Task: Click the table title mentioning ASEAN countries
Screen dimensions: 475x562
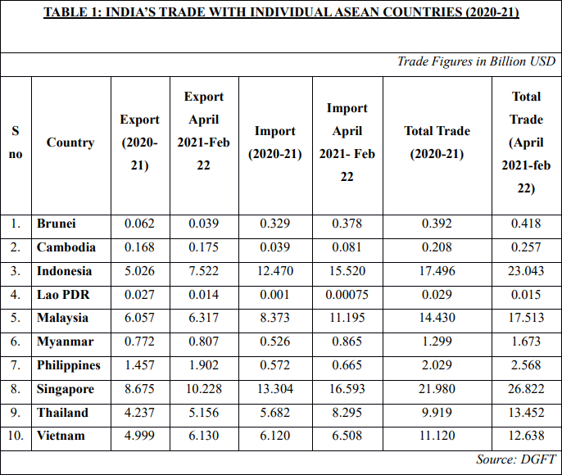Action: (281, 12)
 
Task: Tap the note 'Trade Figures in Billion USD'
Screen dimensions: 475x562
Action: (476, 62)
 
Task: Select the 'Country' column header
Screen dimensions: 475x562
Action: (70, 142)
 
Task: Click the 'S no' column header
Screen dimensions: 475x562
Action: (16, 142)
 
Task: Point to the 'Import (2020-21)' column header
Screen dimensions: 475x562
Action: (274, 142)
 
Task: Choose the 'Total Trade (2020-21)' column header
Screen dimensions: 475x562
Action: (437, 142)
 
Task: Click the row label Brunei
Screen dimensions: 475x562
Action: (57, 224)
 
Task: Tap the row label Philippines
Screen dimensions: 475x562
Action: (69, 365)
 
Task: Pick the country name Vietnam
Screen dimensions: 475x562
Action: (61, 436)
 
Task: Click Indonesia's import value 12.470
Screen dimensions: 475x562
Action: (274, 271)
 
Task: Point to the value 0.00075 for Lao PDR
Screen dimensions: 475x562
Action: (347, 295)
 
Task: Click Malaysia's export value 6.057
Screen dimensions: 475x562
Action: (139, 319)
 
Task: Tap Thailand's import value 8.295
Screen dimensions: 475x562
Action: (347, 413)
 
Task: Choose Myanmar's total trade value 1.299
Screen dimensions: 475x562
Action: (437, 342)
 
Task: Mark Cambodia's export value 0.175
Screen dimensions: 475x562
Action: (204, 247)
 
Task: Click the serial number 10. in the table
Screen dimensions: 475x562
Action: (16, 436)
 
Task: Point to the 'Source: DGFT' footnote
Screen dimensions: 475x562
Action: (515, 459)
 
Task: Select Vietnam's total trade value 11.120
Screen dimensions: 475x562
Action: (437, 437)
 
